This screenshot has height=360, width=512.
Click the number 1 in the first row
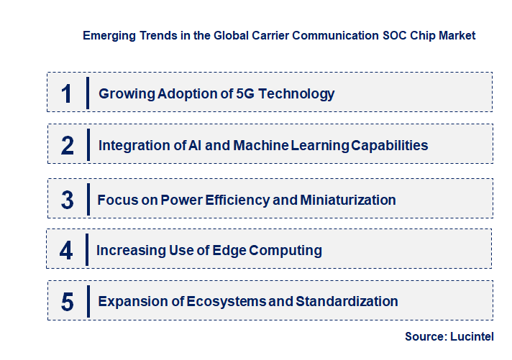coord(67,93)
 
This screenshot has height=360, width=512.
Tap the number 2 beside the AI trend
coord(68,145)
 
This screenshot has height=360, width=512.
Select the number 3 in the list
coord(68,200)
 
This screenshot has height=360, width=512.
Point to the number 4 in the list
coord(66,251)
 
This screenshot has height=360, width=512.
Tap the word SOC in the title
coord(396,34)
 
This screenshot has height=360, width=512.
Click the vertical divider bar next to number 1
coord(88,93)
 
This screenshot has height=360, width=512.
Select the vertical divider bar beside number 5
coord(88,301)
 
